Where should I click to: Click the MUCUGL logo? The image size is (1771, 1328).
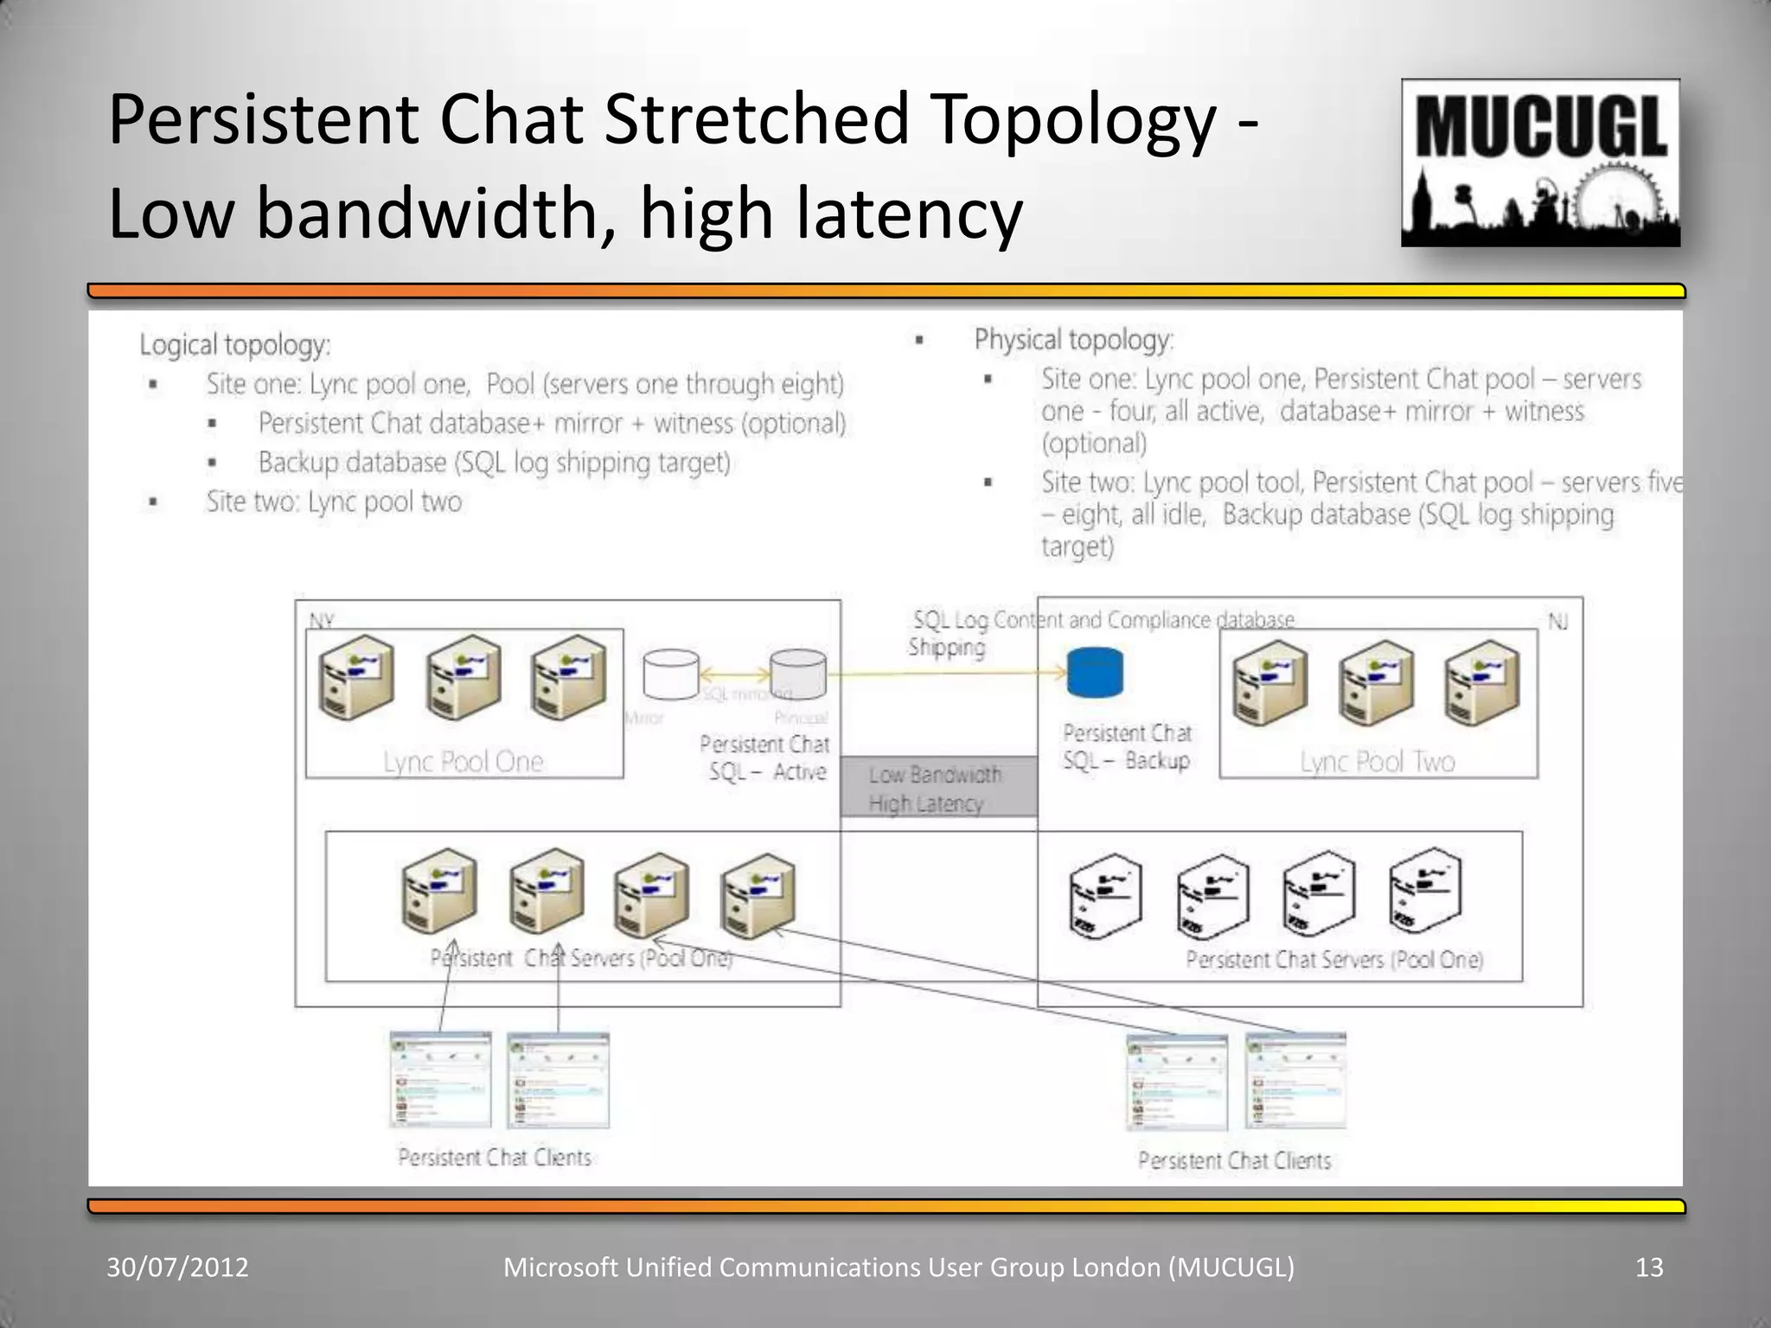(x=1540, y=163)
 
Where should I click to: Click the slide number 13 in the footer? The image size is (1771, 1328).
(x=1649, y=1267)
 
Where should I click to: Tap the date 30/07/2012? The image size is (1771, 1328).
(x=177, y=1267)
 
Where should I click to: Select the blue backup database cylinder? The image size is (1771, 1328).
(x=1095, y=674)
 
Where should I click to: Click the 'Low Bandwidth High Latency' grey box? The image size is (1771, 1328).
(x=938, y=788)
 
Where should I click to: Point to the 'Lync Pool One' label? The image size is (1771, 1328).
(x=464, y=761)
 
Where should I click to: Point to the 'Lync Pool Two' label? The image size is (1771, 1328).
(x=1378, y=761)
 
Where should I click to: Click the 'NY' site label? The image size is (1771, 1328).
(x=321, y=620)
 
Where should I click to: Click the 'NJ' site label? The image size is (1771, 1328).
(x=1557, y=621)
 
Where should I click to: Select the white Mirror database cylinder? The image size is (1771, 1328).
(x=671, y=674)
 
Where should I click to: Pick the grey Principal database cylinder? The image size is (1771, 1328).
(x=798, y=673)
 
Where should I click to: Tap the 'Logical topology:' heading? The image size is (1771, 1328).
(x=235, y=345)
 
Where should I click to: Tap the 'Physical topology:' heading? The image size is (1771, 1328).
(x=1073, y=340)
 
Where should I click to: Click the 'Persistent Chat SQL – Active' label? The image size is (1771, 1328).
(x=765, y=757)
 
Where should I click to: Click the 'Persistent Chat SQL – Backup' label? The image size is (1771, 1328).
(x=1127, y=747)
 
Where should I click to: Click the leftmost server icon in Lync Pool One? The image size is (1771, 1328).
(x=355, y=678)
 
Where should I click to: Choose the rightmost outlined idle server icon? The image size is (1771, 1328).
(x=1425, y=891)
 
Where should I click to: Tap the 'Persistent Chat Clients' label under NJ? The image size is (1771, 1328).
(x=1234, y=1160)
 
